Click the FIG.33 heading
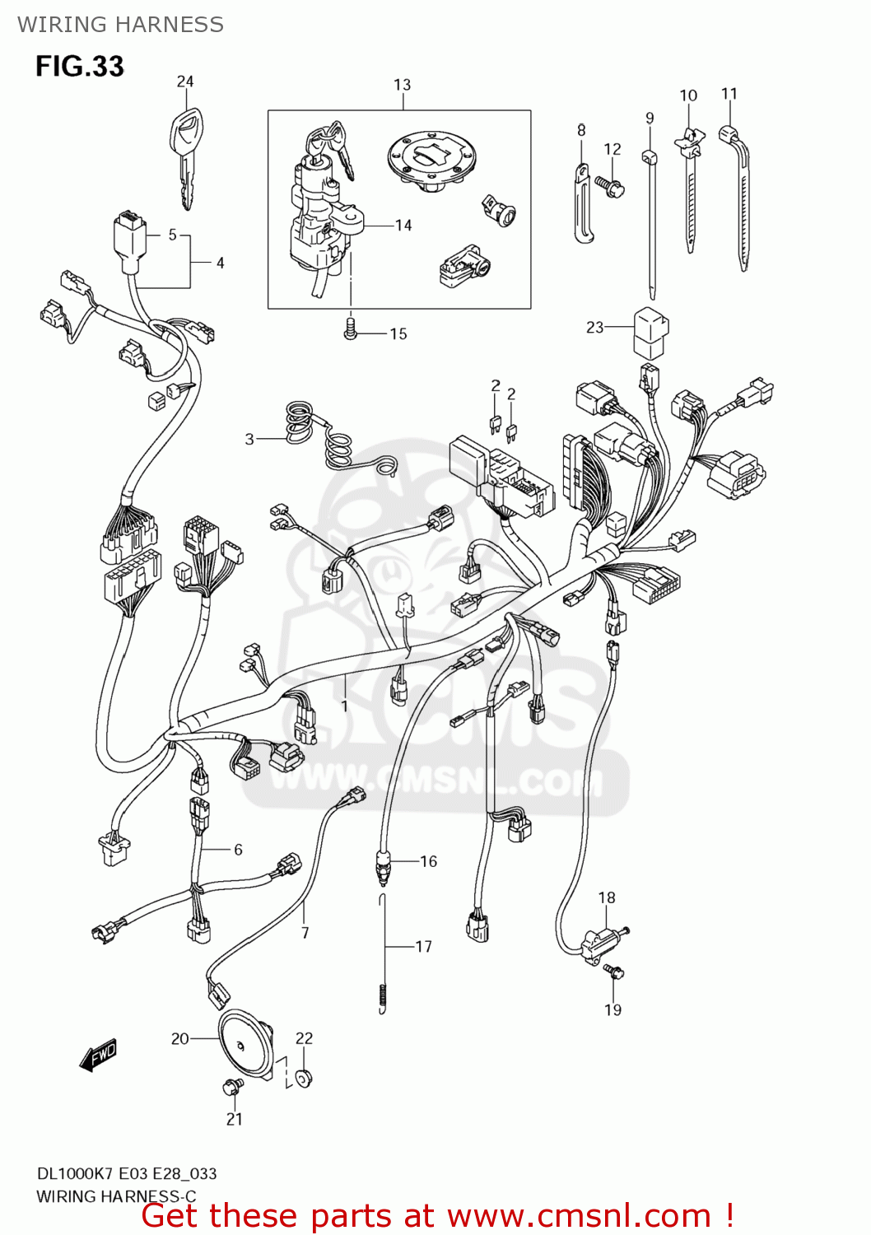79,66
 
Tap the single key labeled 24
187,157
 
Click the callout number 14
403,225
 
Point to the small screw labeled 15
351,330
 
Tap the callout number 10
688,96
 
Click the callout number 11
729,94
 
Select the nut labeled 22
304,1077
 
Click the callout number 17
423,946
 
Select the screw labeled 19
613,972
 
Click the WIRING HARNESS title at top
120,25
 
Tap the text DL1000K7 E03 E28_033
127,1173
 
